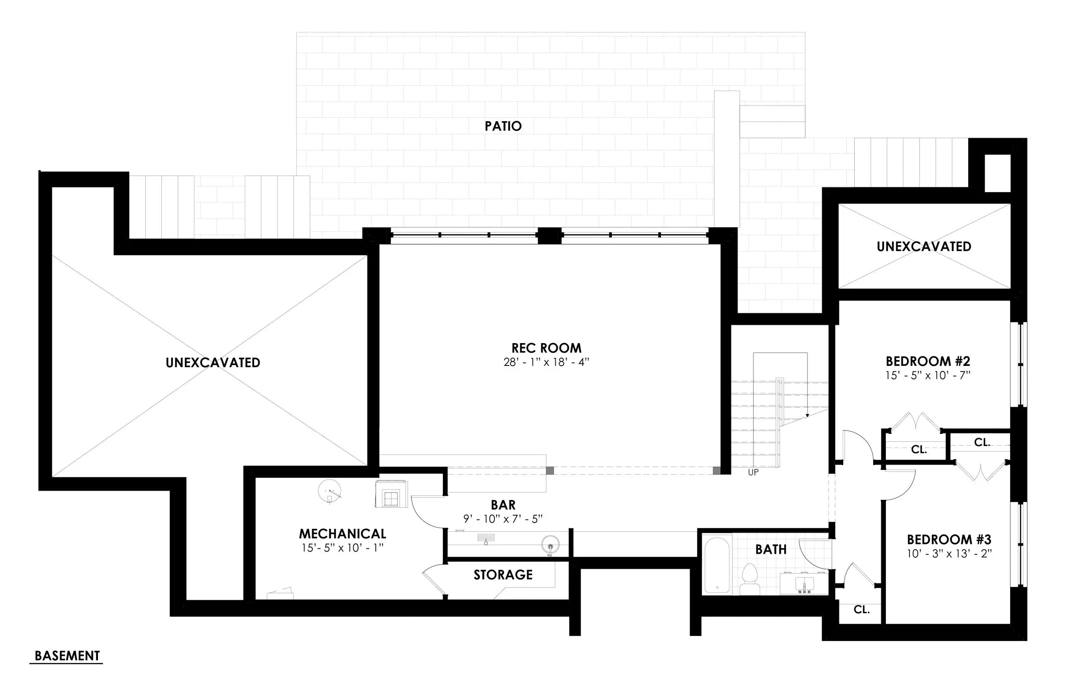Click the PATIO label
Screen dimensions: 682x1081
coord(503,126)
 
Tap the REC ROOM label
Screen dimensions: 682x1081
coord(546,348)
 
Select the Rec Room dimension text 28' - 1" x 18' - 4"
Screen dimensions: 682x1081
coord(546,362)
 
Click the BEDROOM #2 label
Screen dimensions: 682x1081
coord(927,361)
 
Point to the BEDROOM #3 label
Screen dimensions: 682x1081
coord(948,539)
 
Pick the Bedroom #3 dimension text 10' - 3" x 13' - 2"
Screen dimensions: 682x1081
coord(948,554)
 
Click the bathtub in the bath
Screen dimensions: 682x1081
coord(717,565)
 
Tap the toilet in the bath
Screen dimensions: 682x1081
coord(749,579)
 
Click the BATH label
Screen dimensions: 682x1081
coord(770,549)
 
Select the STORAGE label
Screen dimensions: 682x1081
coord(503,575)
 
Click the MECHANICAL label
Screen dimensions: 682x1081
coord(342,533)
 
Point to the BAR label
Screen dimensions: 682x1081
coord(503,505)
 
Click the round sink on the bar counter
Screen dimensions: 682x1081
coord(550,546)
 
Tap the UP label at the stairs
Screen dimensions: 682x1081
coord(753,473)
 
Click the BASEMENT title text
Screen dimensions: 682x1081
coord(67,655)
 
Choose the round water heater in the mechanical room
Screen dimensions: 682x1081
coord(329,490)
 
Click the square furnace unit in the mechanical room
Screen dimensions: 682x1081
coord(391,495)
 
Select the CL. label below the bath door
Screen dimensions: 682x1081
coord(861,609)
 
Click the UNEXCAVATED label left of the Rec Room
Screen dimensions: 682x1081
coord(213,363)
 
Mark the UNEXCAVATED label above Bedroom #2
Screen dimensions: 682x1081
coord(923,246)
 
